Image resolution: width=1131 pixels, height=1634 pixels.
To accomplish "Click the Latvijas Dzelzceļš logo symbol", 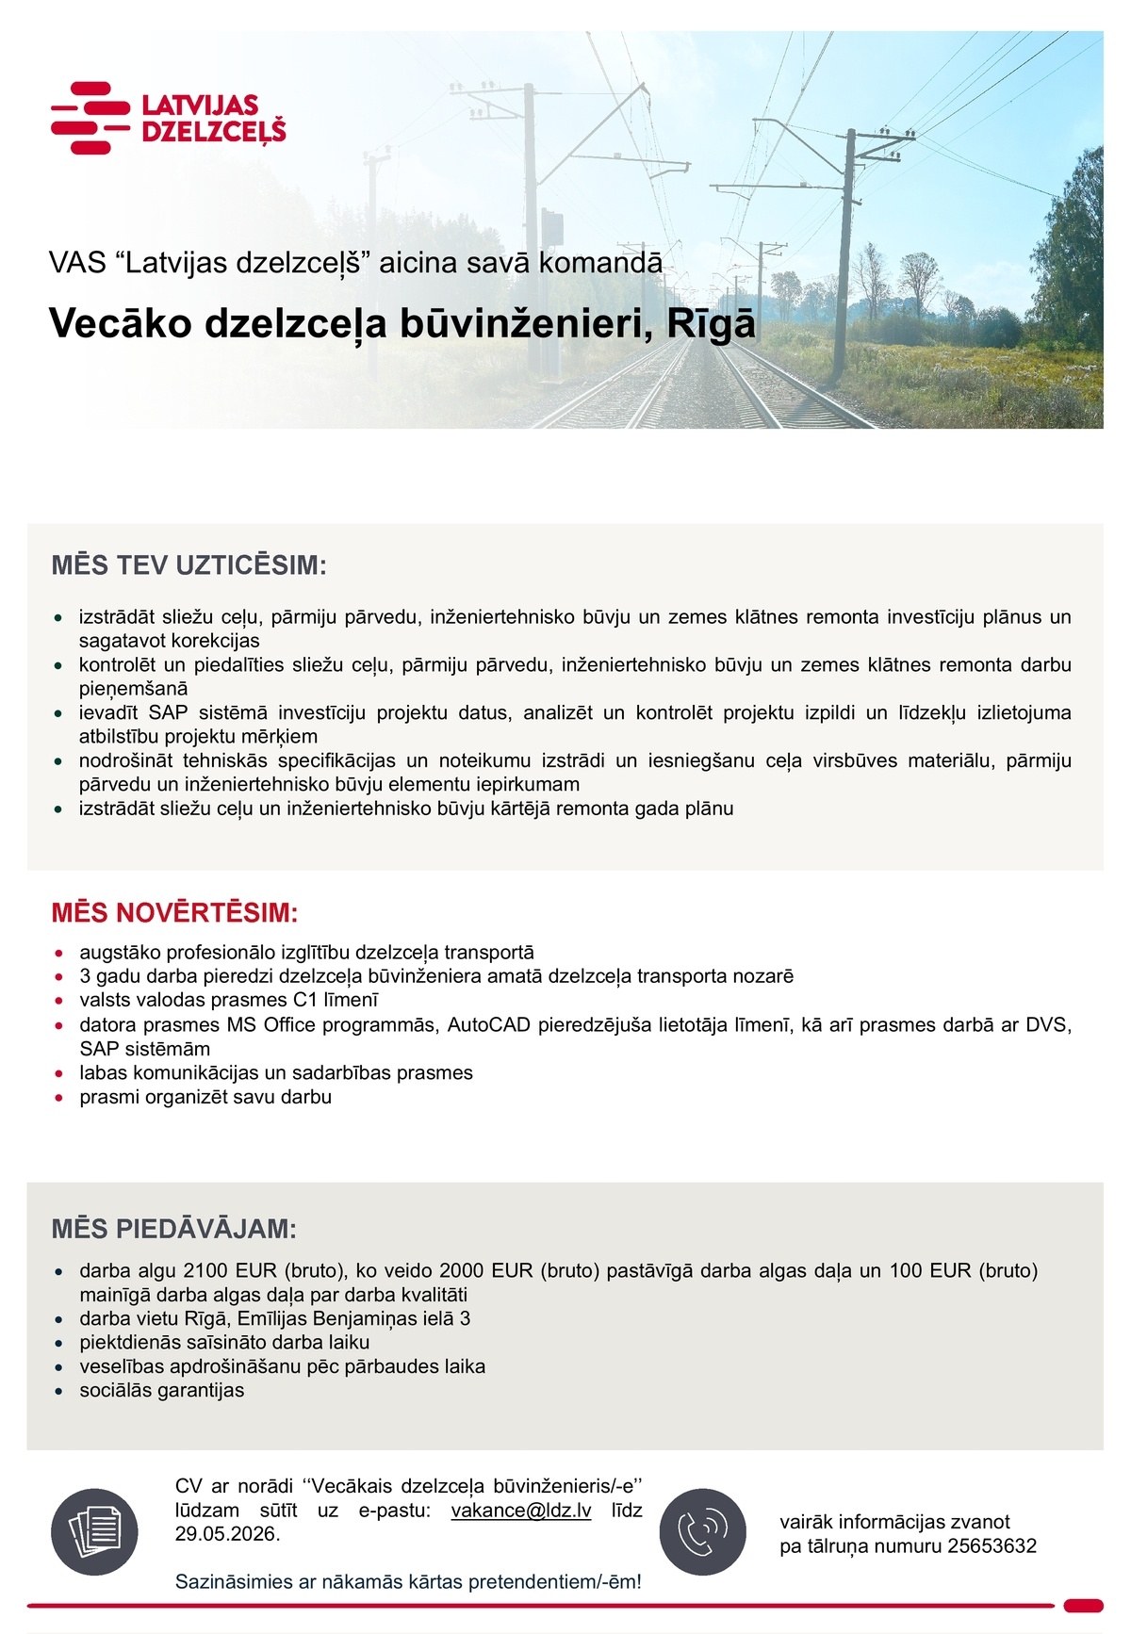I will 90,118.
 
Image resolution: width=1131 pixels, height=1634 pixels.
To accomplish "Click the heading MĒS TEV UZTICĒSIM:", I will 188,565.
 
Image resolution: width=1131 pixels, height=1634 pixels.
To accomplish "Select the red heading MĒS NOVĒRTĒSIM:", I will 174,912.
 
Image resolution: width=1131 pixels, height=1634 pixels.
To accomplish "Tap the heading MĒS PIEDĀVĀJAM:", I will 173,1229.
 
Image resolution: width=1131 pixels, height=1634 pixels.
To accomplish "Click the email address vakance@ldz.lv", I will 521,1510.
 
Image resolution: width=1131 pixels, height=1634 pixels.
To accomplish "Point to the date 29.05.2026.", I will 226,1533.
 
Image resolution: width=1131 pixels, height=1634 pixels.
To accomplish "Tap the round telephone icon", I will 702,1531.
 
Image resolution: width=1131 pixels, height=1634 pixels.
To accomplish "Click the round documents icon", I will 94,1531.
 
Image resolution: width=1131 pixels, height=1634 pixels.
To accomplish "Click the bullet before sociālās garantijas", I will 58,1392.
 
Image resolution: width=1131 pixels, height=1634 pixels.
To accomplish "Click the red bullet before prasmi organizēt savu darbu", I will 58,1098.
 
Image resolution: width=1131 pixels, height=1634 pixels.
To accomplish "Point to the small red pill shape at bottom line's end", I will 1083,1605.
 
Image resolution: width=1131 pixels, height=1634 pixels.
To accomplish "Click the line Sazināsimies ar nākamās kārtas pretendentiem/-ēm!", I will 408,1581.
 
